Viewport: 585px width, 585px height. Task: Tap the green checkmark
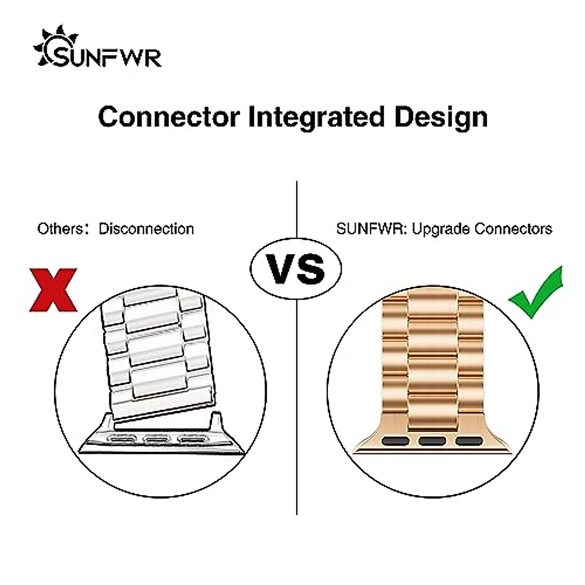tap(535, 292)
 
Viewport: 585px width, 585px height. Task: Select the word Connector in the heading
tap(169, 117)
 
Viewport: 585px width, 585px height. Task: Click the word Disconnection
tap(146, 229)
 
